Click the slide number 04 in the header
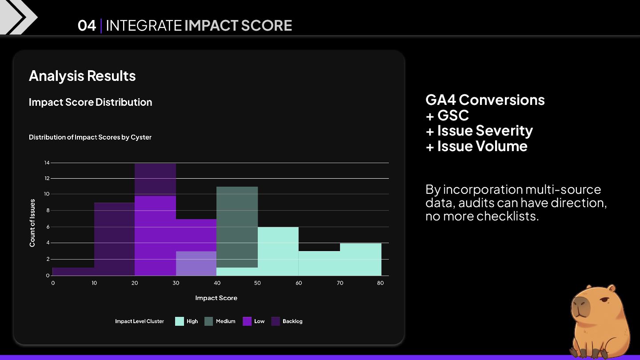click(x=87, y=26)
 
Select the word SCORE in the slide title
click(x=266, y=26)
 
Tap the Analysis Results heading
click(x=82, y=76)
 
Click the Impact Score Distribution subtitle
click(x=90, y=102)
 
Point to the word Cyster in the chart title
click(x=141, y=137)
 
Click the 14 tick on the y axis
click(x=47, y=163)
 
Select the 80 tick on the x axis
click(x=380, y=283)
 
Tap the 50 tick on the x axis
click(x=258, y=283)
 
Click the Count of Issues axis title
click(x=32, y=223)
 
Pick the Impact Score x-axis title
click(x=216, y=298)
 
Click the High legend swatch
click(x=180, y=321)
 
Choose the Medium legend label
click(x=225, y=321)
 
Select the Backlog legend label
click(x=292, y=321)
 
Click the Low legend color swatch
click(x=247, y=321)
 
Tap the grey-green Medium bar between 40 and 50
click(x=237, y=227)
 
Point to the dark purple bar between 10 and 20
click(x=114, y=240)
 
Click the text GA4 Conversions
click(x=485, y=100)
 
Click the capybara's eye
click(x=604, y=301)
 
